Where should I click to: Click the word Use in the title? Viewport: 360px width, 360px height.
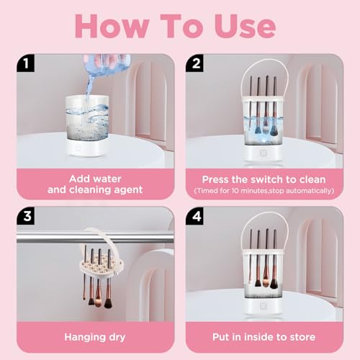(245, 26)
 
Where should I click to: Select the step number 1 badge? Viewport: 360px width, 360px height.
(26, 63)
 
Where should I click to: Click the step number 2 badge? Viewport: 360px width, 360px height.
(195, 63)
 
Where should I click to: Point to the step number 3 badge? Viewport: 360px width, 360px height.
(26, 216)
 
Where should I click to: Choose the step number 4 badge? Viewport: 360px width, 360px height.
(195, 216)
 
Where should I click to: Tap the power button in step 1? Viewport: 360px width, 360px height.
(78, 147)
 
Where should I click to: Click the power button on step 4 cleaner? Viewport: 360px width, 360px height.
(263, 306)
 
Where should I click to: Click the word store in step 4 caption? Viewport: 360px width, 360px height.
(302, 337)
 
